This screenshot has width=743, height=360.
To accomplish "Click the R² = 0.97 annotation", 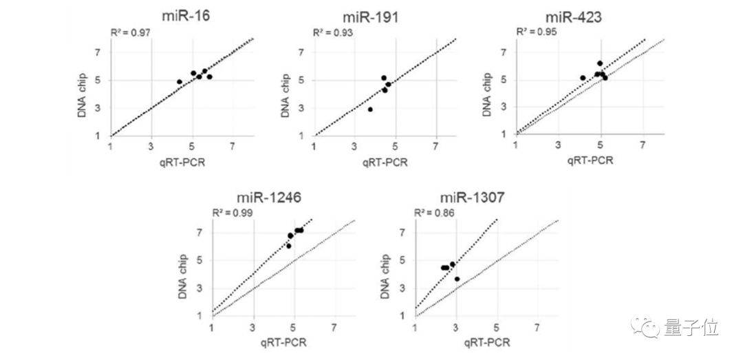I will pyautogui.click(x=131, y=32).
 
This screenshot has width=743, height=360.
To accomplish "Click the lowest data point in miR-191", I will pyautogui.click(x=370, y=109).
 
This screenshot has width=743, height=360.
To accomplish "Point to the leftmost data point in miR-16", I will pyautogui.click(x=180, y=82).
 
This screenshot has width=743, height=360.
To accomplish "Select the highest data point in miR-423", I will pyautogui.click(x=600, y=63).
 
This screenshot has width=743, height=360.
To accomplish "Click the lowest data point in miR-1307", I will pyautogui.click(x=457, y=279).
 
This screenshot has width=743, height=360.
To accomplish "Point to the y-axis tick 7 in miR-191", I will pyautogui.click(x=303, y=52).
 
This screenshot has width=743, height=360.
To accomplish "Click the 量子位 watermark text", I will pyautogui.click(x=691, y=328).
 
